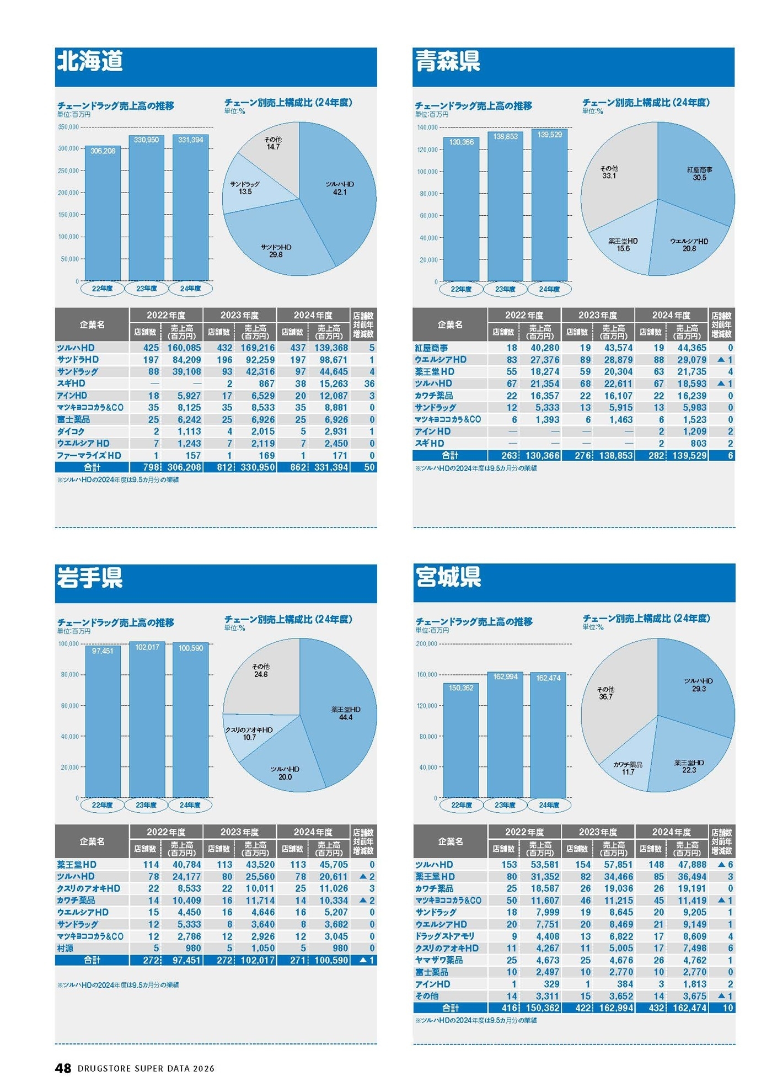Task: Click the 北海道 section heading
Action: pos(90,61)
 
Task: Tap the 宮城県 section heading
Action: pos(448,577)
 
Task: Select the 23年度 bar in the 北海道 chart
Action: pos(147,210)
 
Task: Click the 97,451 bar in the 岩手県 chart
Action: pos(103,723)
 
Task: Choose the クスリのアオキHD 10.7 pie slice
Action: pos(249,733)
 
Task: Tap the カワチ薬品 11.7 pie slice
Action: pos(628,768)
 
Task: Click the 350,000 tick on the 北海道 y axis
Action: pos(68,127)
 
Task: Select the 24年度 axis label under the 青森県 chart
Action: pos(549,289)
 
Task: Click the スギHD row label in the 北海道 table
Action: pos(71,383)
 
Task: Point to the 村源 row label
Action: pos(65,948)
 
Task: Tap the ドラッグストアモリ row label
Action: pos(444,936)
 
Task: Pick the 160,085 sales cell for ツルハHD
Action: pos(184,348)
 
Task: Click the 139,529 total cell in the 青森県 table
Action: pos(689,455)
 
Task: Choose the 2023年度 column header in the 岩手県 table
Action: pos(240,832)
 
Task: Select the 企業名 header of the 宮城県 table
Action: pos(450,841)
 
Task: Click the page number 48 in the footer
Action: pos(63,1068)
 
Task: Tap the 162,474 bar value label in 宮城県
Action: pos(548,678)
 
